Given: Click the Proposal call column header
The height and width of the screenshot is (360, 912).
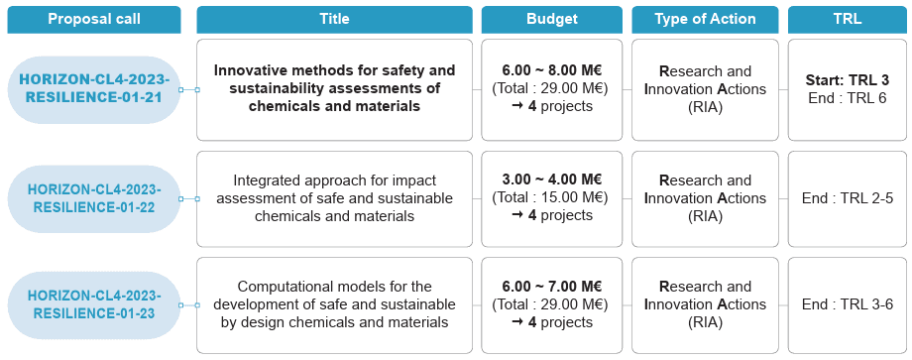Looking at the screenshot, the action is [94, 19].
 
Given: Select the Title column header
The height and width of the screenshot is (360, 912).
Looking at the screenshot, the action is [334, 19].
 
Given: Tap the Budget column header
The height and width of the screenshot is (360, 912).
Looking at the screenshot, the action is [552, 19].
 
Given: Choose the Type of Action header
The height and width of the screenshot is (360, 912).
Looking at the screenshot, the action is [705, 19].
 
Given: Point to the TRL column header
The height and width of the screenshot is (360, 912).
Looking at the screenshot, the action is [847, 19].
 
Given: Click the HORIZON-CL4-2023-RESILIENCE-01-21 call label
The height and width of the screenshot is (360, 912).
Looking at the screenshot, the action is [94, 89].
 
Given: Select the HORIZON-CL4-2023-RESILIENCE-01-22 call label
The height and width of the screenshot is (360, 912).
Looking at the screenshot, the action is [94, 199].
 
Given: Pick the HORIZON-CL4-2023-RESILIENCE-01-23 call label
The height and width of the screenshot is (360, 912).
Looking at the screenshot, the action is [94, 305].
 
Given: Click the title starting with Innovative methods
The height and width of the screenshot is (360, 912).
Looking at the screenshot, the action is [334, 89].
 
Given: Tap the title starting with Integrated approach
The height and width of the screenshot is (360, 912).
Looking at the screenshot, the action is [334, 198].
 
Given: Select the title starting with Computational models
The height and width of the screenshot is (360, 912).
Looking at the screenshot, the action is [334, 304].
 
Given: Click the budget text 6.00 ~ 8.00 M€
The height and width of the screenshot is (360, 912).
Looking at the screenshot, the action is [552, 71].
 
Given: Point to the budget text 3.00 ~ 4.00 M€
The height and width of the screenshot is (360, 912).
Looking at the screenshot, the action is [552, 180].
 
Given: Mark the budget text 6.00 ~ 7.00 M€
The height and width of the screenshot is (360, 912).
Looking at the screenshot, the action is [552, 287].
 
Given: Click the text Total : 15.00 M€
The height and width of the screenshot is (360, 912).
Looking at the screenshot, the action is [552, 198].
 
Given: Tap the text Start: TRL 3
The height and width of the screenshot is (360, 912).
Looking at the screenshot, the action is [847, 80].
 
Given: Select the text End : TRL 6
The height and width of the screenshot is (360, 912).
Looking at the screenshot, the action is [847, 98].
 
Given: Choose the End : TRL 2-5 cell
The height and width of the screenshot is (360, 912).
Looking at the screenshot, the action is [847, 199].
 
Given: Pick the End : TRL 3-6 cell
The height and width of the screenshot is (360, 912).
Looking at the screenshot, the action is [847, 305].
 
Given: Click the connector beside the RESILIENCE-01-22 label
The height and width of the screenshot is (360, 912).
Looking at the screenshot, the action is [189, 199].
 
